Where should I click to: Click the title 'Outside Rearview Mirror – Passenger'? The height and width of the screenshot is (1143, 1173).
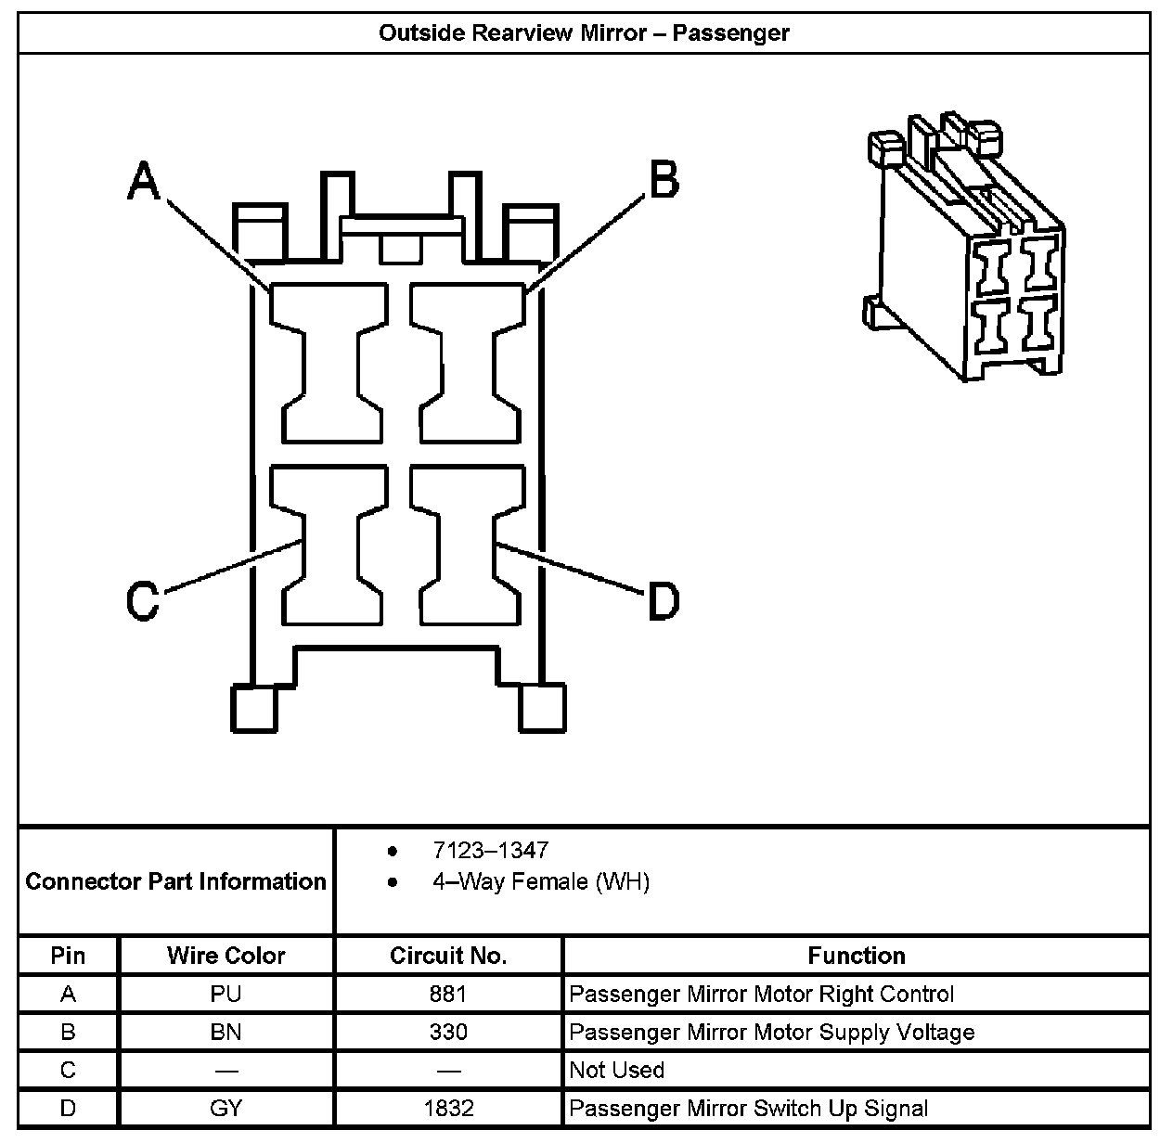(x=584, y=33)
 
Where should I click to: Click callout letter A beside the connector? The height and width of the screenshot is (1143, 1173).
(x=144, y=180)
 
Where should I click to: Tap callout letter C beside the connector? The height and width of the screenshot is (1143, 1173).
(x=143, y=600)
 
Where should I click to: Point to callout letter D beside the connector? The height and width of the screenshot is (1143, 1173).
(x=663, y=601)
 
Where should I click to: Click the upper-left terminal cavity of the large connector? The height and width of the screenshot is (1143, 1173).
(x=330, y=363)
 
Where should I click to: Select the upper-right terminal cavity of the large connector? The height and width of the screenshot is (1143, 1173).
(x=468, y=363)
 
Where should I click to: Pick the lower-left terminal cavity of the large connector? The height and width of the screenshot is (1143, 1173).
(x=330, y=546)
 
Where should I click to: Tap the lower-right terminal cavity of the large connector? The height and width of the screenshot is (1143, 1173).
(x=468, y=546)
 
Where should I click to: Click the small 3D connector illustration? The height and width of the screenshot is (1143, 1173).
(x=965, y=249)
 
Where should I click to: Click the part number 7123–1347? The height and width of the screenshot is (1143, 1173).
(x=490, y=850)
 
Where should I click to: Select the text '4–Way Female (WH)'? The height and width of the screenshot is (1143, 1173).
(x=540, y=881)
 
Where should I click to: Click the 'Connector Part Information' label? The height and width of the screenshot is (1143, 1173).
(x=176, y=881)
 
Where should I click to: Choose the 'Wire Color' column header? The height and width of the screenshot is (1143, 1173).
(x=226, y=956)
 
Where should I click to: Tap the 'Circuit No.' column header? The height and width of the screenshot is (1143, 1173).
(x=448, y=956)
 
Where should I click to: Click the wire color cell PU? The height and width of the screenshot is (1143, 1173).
(x=226, y=995)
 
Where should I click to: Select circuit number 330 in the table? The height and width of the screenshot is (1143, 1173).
(x=448, y=1033)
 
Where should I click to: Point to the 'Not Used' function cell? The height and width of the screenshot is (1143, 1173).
(x=616, y=1071)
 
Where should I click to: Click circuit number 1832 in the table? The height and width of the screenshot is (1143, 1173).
(x=448, y=1109)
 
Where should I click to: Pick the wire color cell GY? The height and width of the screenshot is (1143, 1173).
(x=226, y=1109)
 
